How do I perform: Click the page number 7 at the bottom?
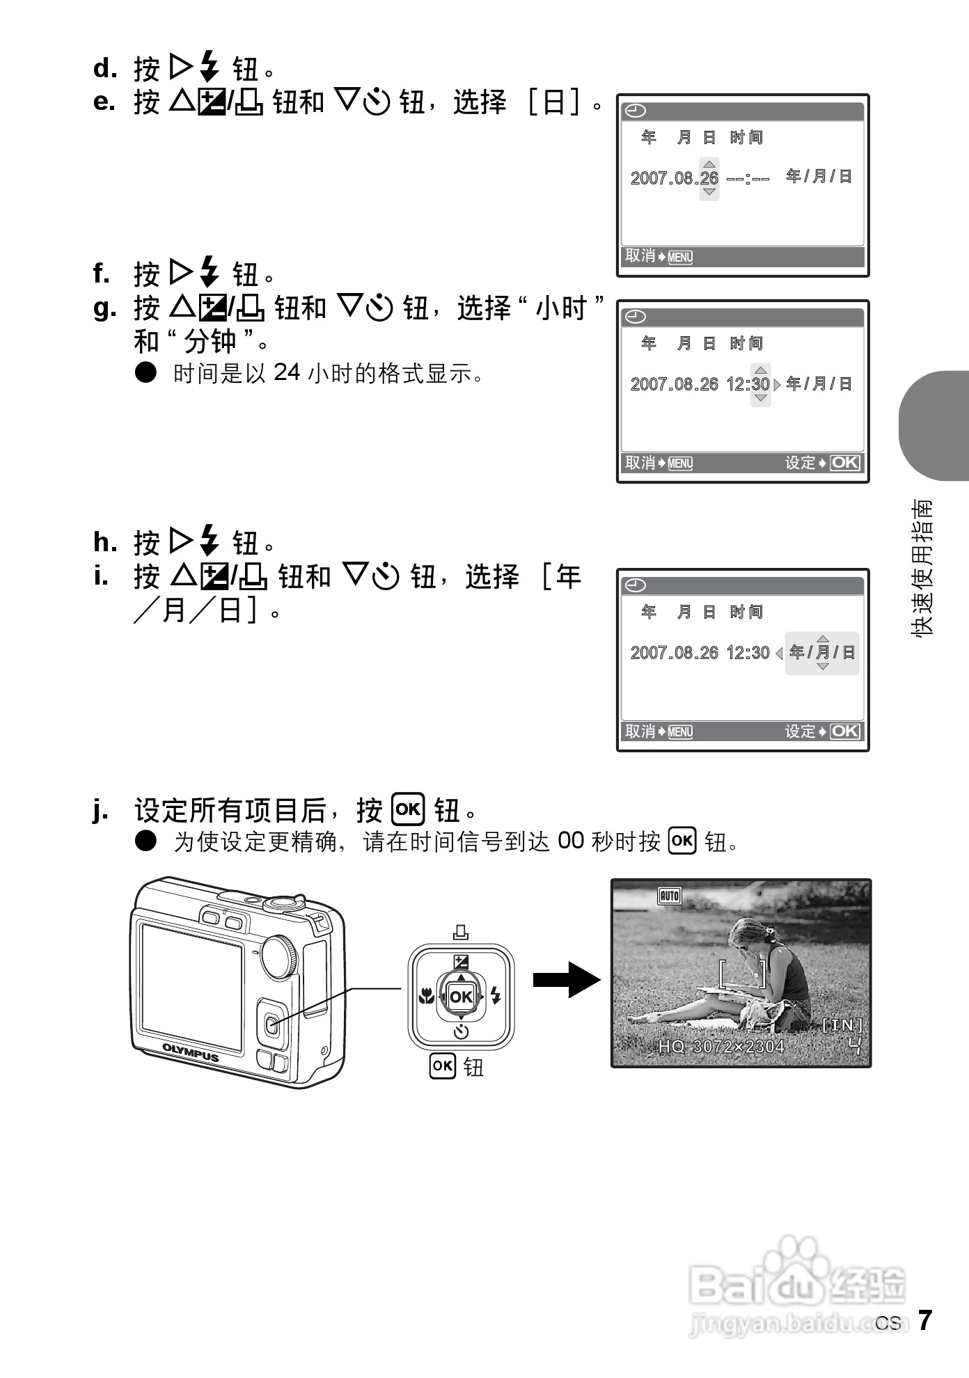point(924,1320)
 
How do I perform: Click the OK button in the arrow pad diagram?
point(461,997)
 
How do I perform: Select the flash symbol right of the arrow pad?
point(495,996)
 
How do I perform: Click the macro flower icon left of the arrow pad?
point(425,997)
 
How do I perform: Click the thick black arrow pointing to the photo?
point(565,980)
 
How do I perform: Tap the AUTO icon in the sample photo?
point(669,896)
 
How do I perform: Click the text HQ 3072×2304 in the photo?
point(721,1047)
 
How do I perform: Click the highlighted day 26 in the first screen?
point(709,178)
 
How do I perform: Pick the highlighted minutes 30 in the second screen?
point(760,384)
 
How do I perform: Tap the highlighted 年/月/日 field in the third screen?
point(822,653)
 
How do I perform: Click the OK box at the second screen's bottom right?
point(845,463)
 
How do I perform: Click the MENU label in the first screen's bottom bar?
point(680,258)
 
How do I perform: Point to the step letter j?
point(100,811)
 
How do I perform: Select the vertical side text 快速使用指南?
point(923,567)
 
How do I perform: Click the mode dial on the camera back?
point(281,958)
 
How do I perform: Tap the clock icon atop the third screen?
point(635,585)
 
